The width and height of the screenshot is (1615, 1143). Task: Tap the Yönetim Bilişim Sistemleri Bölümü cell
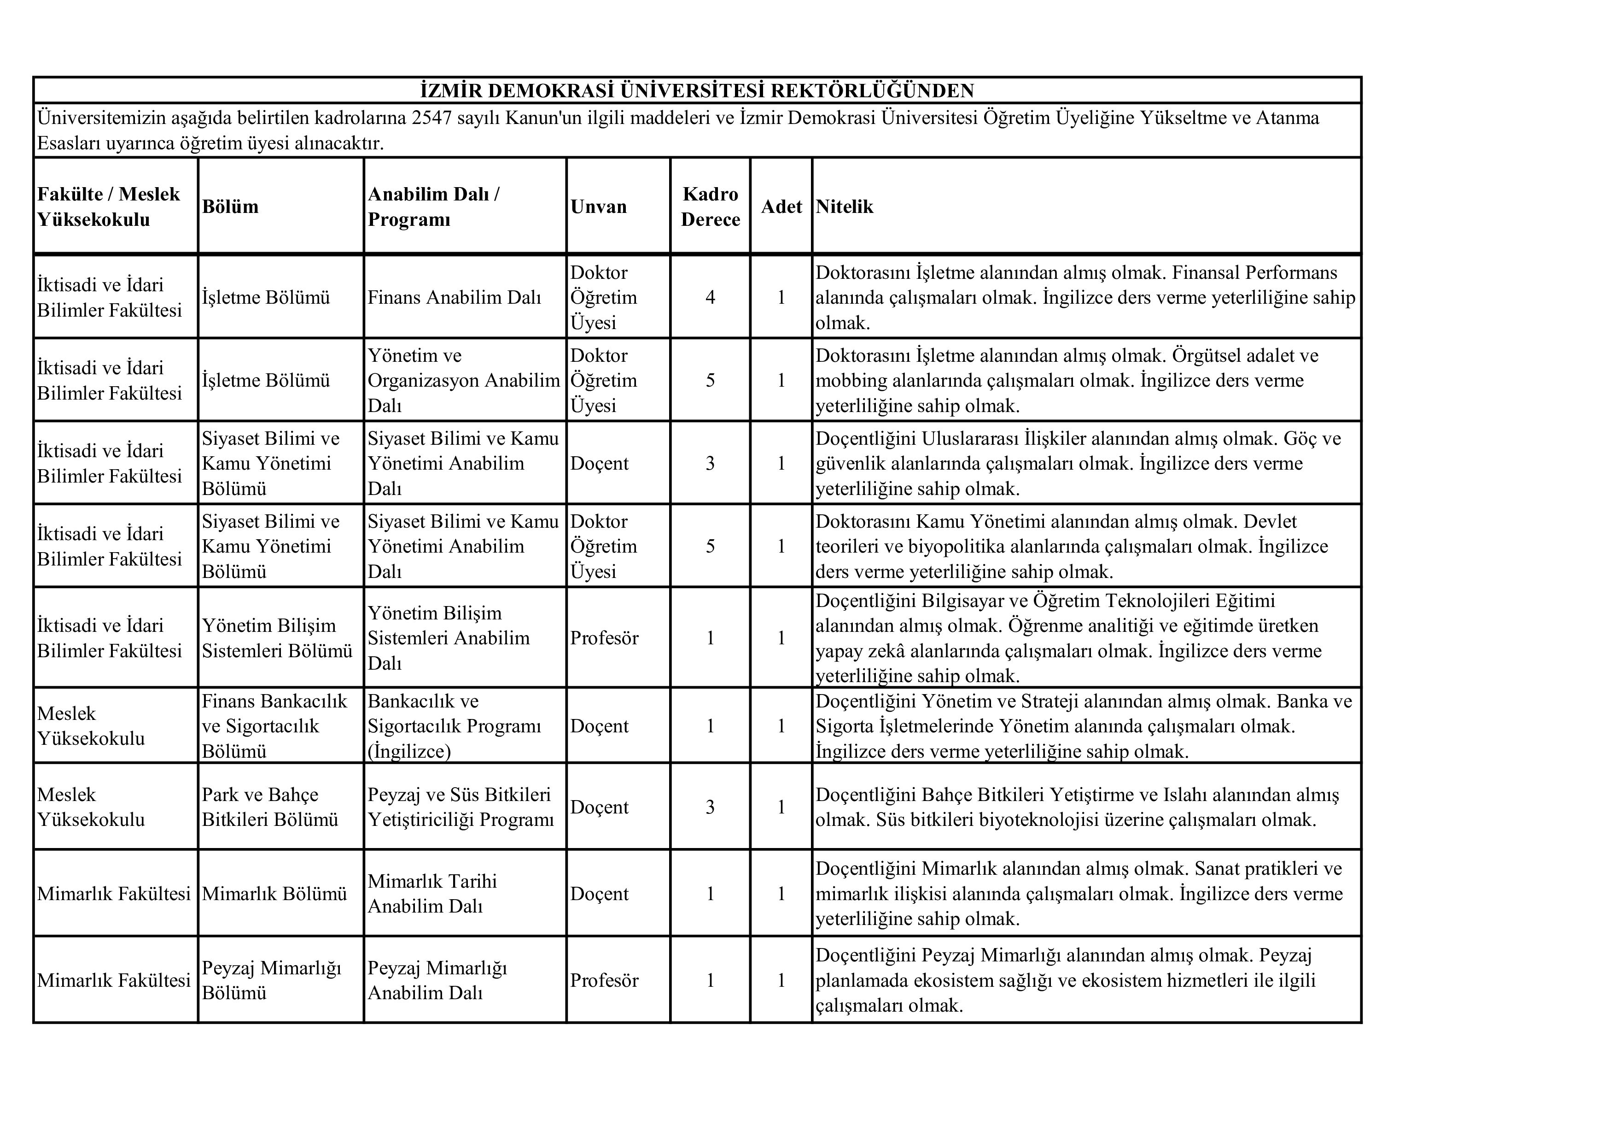277,638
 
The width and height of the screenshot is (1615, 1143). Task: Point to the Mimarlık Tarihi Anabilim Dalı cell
432,893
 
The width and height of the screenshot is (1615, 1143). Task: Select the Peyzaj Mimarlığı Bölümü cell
272,980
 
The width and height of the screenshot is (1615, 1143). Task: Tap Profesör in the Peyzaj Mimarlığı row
604,980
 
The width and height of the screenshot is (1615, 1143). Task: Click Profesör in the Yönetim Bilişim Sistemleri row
604,638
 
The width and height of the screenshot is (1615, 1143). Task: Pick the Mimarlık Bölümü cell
274,893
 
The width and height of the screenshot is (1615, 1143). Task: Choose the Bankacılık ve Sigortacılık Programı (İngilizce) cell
455,725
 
